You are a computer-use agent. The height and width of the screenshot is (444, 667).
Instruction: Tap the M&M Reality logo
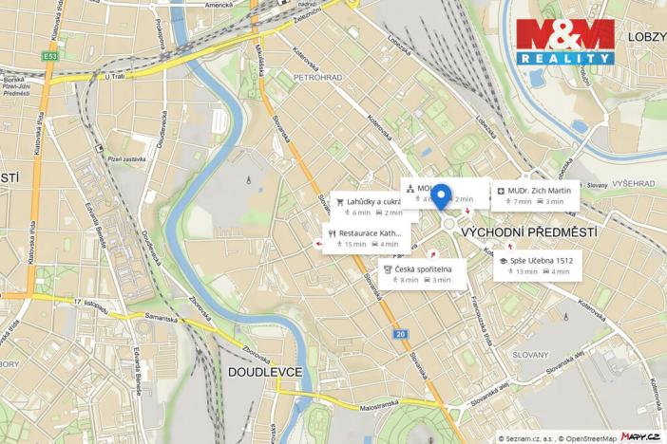click(565, 42)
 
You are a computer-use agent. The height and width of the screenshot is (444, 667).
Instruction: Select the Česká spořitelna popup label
click(424, 273)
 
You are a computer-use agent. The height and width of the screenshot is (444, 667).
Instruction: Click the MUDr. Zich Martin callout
click(537, 194)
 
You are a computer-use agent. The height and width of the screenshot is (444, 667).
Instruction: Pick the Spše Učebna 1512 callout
click(538, 265)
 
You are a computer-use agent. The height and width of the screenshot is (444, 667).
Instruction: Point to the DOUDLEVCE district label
click(265, 372)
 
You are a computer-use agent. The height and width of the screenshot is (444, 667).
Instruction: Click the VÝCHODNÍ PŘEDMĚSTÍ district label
click(529, 231)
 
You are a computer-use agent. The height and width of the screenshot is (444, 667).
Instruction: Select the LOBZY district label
click(646, 36)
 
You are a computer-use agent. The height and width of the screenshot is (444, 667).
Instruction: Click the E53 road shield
click(49, 56)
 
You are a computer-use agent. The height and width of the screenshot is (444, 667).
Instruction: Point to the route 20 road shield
click(401, 334)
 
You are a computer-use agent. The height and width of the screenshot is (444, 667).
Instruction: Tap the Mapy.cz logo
click(640, 436)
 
